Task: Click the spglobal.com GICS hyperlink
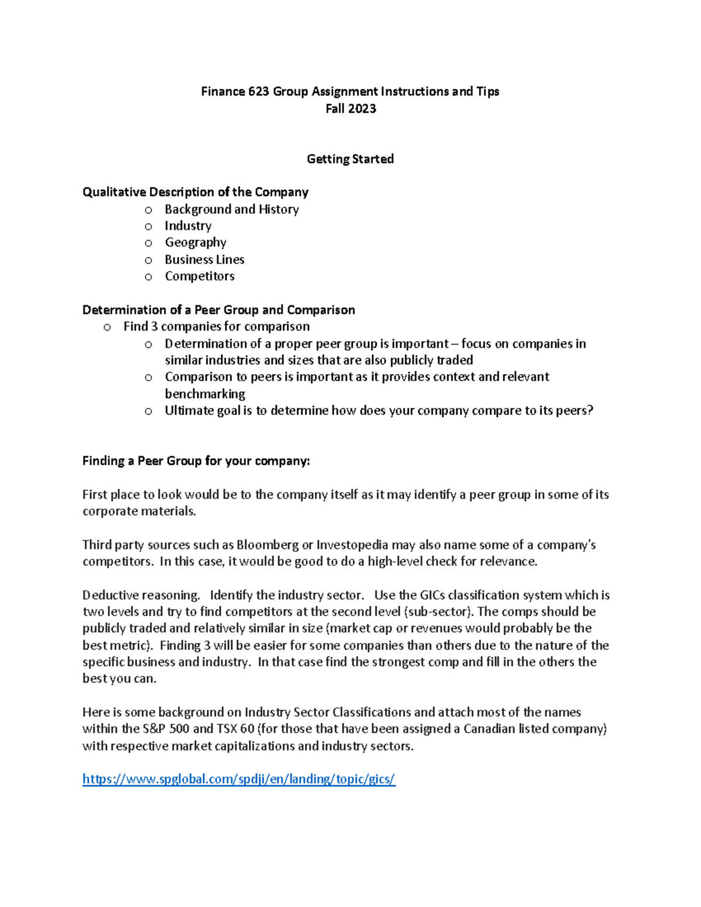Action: point(238,779)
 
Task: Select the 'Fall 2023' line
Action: point(350,109)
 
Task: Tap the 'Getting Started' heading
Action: point(350,159)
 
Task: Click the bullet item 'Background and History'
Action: point(231,209)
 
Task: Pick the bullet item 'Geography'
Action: point(195,242)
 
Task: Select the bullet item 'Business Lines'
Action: point(204,259)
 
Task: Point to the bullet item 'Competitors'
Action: point(199,276)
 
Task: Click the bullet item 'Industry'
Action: point(188,226)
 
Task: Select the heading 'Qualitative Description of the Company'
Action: point(195,192)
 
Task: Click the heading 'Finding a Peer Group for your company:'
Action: point(196,461)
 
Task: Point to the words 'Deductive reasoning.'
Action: point(141,595)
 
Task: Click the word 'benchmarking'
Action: point(204,394)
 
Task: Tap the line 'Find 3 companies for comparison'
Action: point(216,326)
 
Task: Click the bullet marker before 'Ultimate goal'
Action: point(148,411)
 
